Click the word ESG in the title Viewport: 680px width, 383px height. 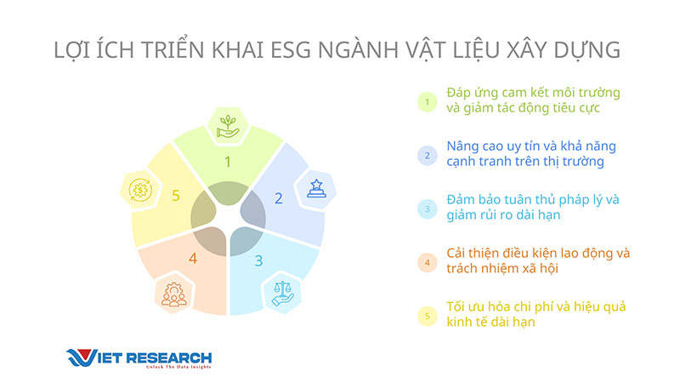291,50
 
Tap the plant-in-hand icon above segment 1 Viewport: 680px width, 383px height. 228,126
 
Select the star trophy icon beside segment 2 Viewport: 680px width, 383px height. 316,189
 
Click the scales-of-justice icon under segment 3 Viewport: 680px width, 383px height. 283,293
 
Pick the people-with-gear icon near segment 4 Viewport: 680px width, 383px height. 174,294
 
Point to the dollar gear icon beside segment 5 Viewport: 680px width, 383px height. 140,190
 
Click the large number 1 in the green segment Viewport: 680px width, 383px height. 228,162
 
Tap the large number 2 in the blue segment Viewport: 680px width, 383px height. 279,198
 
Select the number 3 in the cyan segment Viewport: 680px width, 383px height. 259,260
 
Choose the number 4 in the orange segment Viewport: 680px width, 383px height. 193,259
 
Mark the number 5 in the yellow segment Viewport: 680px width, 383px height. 176,196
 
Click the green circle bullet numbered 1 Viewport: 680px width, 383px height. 428,102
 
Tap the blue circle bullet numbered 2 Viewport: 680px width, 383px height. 428,156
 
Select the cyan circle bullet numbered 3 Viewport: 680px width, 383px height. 428,209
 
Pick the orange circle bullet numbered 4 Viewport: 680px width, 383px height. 428,262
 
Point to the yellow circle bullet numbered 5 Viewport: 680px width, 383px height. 428,316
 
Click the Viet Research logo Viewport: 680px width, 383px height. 139,358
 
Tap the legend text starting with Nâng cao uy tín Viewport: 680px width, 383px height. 531,154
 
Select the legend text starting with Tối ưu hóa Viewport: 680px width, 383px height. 536,314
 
